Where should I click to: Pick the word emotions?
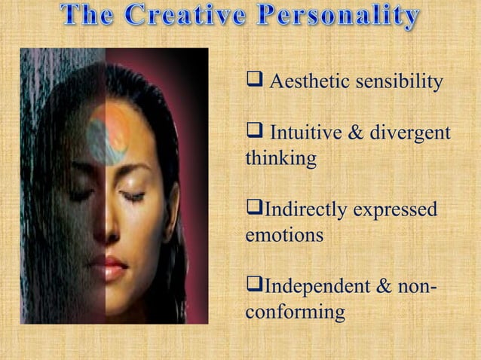pyautogui.click(x=284, y=234)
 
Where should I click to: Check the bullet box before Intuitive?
pyautogui.click(x=254, y=133)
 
